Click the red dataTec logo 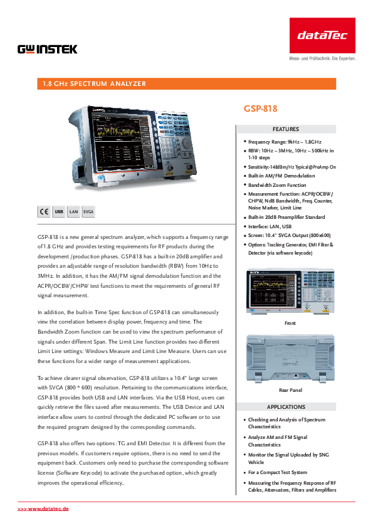coord(322,35)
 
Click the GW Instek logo coord(48,50)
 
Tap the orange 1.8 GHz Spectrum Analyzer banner coord(187,84)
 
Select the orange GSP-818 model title coord(260,108)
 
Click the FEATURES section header coord(286,129)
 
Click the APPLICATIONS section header coord(286,407)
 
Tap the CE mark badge coord(44,211)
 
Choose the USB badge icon coord(59,211)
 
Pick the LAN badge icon coord(73,211)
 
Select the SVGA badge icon coord(88,211)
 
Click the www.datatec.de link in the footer coord(43,509)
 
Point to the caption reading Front coord(290,323)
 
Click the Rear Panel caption coord(290,390)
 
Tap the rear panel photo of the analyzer coord(290,358)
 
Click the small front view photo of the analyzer coord(290,291)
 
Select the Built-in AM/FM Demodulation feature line coord(281,176)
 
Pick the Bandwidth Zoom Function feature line coord(277,185)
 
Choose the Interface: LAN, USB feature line coord(270,226)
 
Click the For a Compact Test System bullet coord(277,472)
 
